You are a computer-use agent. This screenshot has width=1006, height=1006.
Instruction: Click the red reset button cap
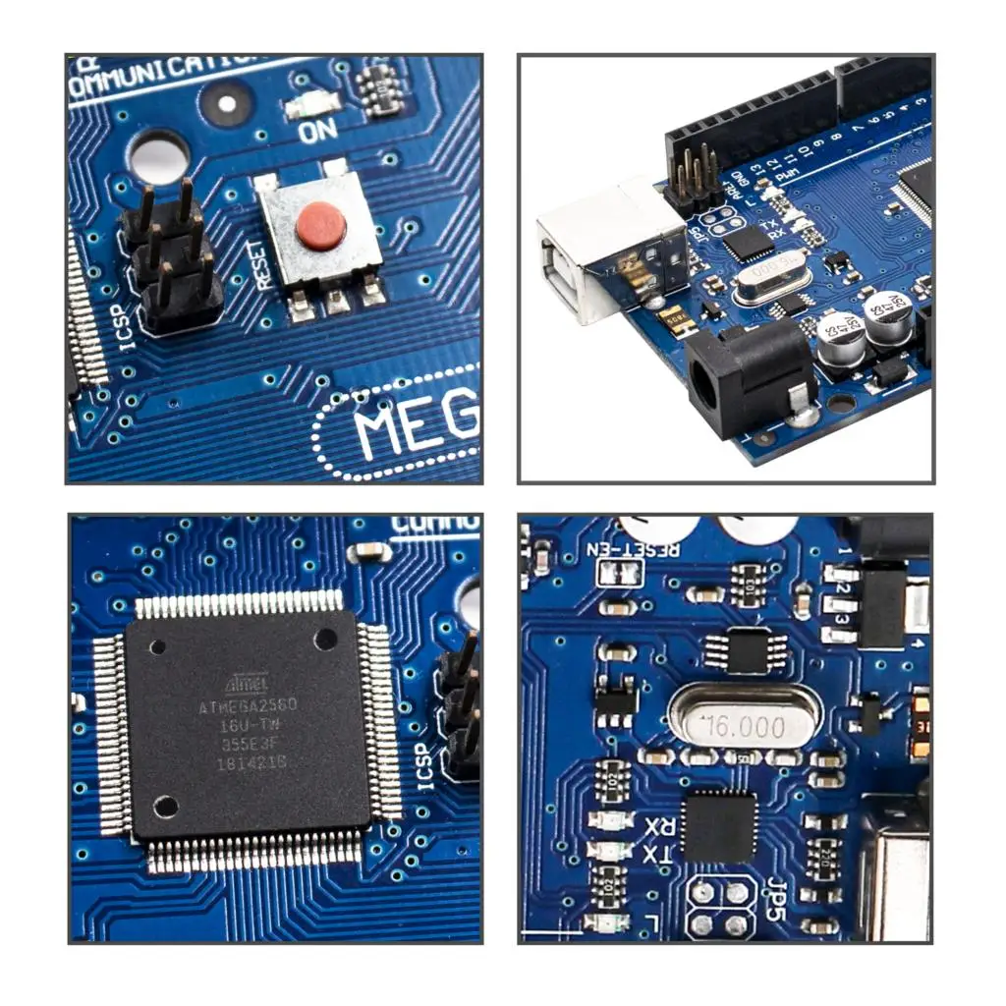(x=321, y=226)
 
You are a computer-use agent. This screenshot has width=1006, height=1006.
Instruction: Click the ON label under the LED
(x=318, y=130)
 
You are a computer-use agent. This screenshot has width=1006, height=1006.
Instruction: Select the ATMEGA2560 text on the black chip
(x=248, y=705)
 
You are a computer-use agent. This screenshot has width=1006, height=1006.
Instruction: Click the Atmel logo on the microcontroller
(x=247, y=681)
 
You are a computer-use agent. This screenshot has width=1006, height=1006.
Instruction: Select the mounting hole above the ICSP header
(x=159, y=154)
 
